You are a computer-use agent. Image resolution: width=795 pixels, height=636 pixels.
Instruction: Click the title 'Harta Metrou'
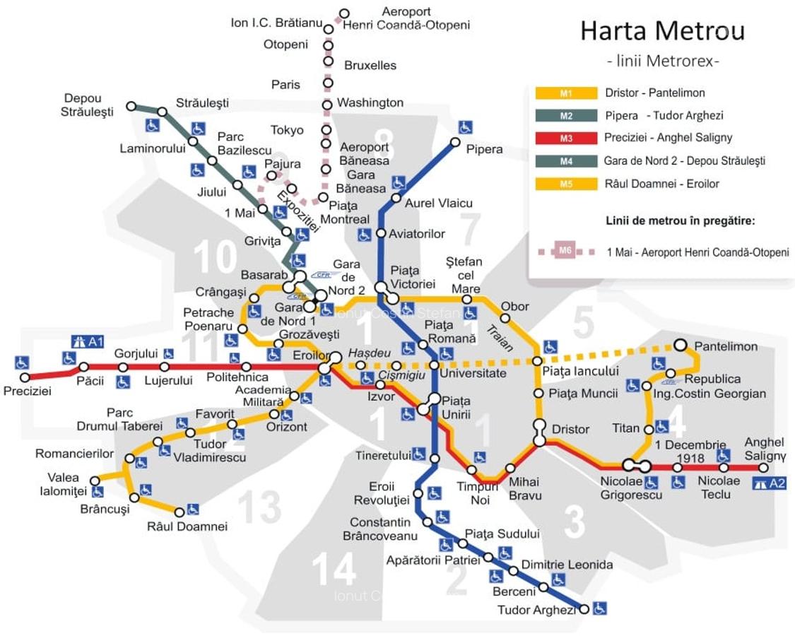[x=662, y=31]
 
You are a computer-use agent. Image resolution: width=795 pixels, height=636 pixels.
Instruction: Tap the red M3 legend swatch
[x=566, y=139]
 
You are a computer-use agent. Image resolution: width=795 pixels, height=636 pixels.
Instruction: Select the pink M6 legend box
[x=565, y=251]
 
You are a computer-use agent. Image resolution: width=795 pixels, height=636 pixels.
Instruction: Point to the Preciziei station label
[x=27, y=391]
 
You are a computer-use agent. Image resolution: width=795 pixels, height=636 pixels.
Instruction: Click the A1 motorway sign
[x=88, y=341]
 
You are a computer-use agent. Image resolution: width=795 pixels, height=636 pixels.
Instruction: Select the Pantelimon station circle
[x=680, y=345]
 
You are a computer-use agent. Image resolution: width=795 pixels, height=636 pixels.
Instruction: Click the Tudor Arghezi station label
[x=536, y=609]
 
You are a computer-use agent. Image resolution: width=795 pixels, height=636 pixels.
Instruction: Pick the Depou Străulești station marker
[x=131, y=106]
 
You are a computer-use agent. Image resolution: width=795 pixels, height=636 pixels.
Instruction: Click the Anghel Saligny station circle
[x=763, y=467]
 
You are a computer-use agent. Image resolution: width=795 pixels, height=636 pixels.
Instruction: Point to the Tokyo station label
[x=287, y=130]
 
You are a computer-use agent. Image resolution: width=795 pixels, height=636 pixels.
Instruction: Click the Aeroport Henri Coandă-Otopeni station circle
[x=344, y=13]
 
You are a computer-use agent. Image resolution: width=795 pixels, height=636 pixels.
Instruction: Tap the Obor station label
[x=514, y=307]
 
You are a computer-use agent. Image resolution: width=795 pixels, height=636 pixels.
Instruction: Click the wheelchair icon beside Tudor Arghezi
[x=599, y=607]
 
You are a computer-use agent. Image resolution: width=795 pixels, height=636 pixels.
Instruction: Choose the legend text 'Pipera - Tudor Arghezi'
[x=664, y=115]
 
